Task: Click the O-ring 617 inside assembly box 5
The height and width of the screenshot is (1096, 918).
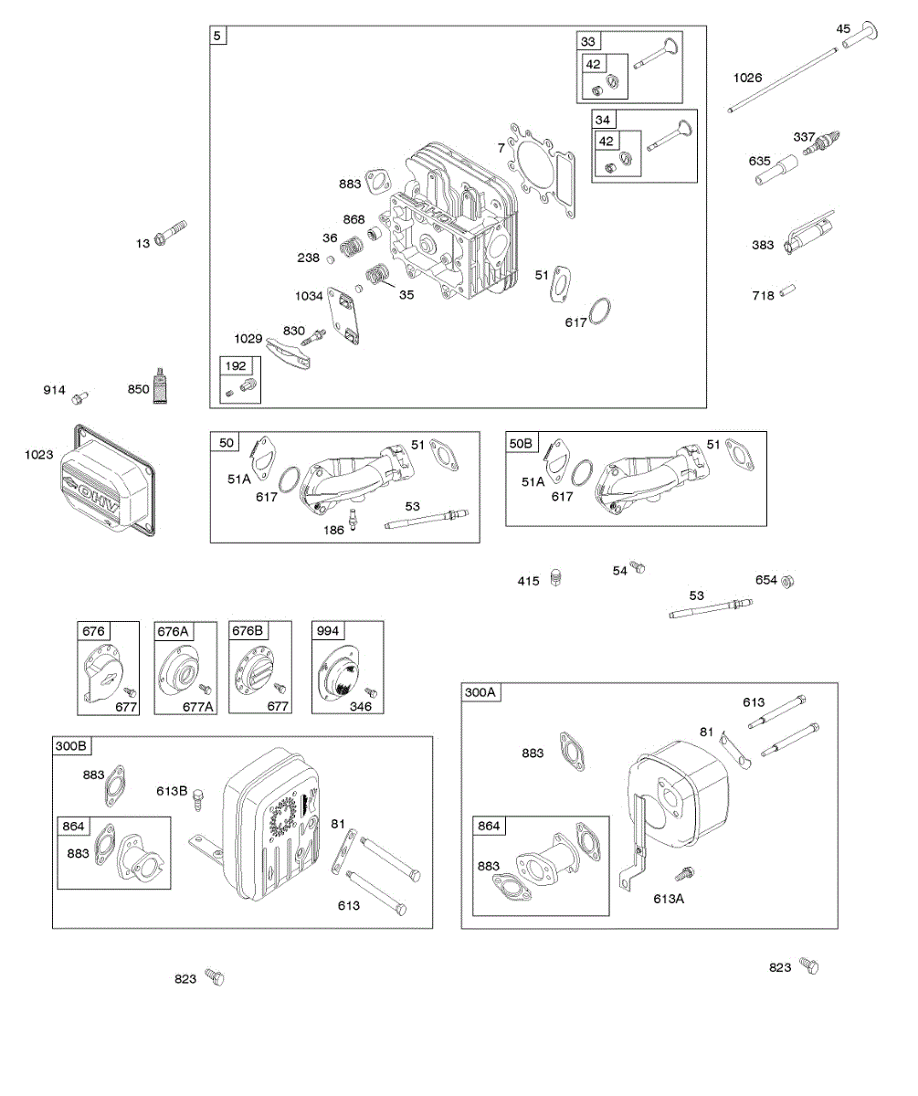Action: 600,311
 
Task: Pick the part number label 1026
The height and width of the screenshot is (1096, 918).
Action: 747,78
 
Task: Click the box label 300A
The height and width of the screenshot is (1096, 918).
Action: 480,693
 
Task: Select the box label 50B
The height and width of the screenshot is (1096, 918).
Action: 521,443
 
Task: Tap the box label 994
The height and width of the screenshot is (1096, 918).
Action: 327,631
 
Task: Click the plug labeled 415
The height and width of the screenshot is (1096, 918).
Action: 556,579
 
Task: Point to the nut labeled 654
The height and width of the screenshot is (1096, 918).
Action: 788,581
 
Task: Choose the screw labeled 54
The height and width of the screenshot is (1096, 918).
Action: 639,568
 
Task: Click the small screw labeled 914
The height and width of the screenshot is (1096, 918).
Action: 81,395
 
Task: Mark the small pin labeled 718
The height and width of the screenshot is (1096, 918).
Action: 789,293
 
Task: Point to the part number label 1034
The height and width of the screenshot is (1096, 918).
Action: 309,296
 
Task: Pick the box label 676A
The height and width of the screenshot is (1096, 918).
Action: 173,631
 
